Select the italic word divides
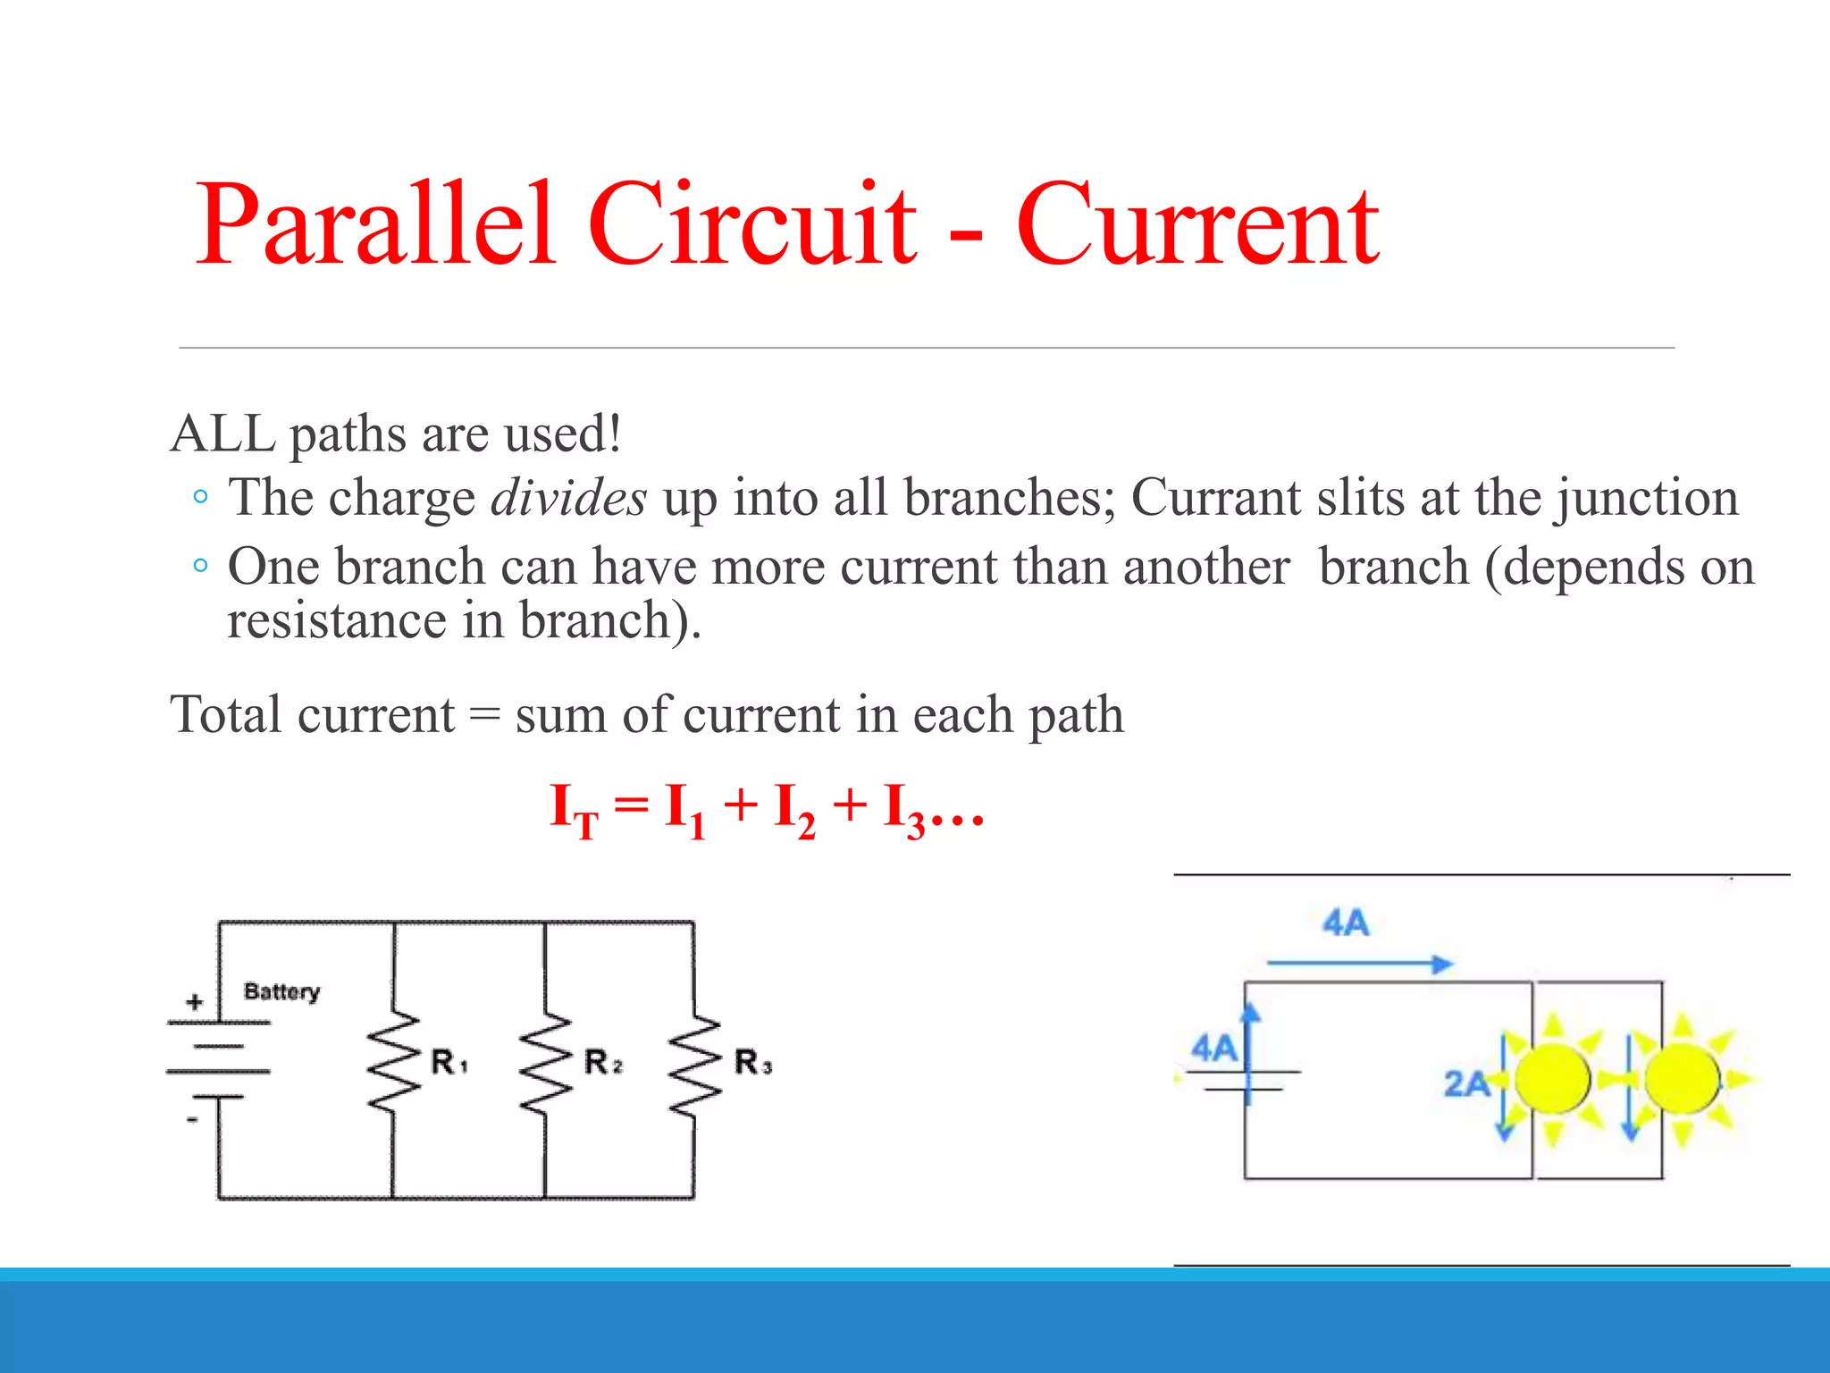[568, 497]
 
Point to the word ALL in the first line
[222, 434]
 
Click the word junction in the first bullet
[1647, 499]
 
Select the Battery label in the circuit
[281, 991]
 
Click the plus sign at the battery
[194, 1002]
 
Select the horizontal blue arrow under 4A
[1359, 964]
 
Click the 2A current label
[1466, 1084]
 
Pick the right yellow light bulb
[1682, 1079]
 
